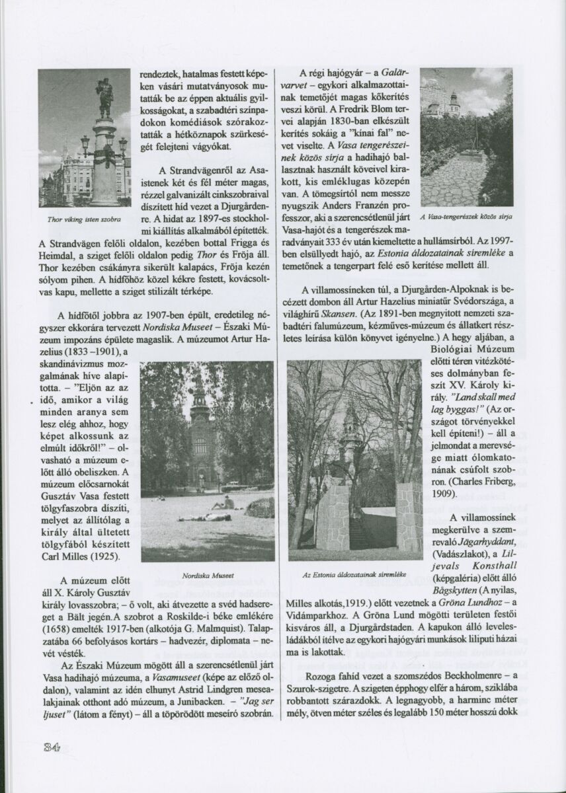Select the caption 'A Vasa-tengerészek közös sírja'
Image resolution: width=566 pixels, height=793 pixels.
tap(467, 216)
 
